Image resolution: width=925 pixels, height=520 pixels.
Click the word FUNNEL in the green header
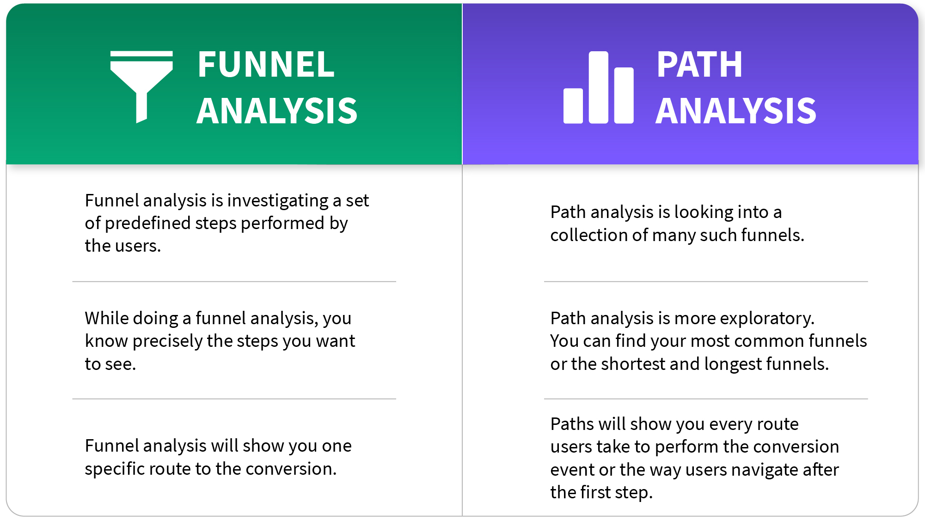click(x=266, y=65)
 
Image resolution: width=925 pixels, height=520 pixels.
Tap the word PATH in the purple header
click(x=699, y=65)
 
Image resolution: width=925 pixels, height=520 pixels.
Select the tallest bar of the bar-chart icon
click(x=599, y=88)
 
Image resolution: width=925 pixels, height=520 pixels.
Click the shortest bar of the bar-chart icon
click(x=573, y=106)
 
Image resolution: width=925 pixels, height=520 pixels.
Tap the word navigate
click(x=765, y=470)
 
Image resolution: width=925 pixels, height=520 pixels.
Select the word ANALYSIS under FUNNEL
click(x=276, y=111)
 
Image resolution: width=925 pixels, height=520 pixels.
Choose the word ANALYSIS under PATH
click(x=736, y=111)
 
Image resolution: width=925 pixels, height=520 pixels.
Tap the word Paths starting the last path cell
click(x=571, y=424)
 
